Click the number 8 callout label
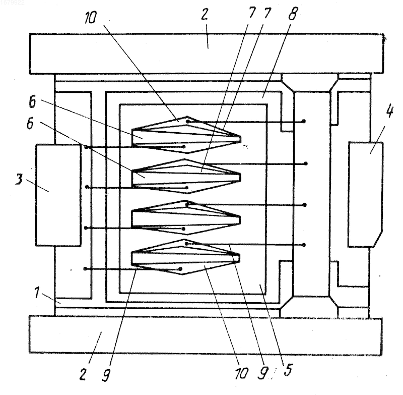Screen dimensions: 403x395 point(293,14)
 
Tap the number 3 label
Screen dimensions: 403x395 point(19,179)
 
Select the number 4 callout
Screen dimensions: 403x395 point(389,111)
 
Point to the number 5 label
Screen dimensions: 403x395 point(288,370)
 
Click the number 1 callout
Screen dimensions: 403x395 point(37,293)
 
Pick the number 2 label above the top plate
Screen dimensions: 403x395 point(205,14)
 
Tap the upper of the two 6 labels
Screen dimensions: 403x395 point(32,102)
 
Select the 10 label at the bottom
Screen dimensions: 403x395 point(241,373)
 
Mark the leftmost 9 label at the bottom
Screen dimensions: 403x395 point(106,374)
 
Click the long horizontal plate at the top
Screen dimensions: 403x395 point(207,54)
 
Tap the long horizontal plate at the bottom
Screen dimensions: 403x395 point(206,335)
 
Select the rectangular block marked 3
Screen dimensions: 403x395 point(58,195)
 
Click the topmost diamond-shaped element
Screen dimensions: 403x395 point(186,135)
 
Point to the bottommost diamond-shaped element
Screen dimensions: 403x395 point(185,257)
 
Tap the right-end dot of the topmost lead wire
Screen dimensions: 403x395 point(304,121)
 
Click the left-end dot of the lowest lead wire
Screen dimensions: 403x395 point(85,269)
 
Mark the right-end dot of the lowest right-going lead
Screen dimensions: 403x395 point(304,245)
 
